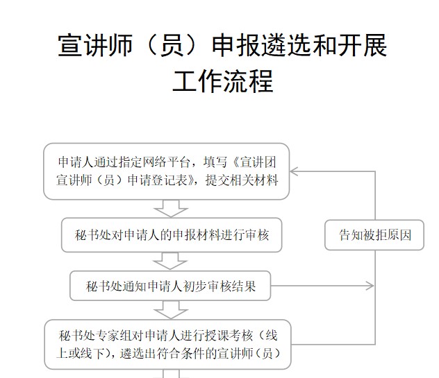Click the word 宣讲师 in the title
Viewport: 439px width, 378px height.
pos(95,45)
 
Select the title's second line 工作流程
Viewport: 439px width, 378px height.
pos(223,81)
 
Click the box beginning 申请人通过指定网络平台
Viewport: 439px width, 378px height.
pos(166,171)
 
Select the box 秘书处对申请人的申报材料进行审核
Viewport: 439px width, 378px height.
pos(172,235)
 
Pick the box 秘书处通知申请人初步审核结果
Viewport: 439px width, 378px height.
pos(170,286)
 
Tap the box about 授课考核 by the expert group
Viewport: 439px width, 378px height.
pos(167,345)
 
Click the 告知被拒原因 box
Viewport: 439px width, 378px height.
pos(374,235)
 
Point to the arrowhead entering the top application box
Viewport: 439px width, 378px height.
pos(293,171)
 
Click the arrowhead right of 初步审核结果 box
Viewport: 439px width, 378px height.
pos(370,286)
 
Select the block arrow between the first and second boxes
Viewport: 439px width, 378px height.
pos(170,208)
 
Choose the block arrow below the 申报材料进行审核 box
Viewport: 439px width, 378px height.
pos(170,261)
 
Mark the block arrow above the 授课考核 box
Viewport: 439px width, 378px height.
pos(170,310)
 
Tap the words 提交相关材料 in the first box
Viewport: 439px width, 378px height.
pos(242,180)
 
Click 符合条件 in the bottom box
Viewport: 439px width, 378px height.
pos(181,354)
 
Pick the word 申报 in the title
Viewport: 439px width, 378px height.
pos(237,45)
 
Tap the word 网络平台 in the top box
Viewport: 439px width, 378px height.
pos(167,162)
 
